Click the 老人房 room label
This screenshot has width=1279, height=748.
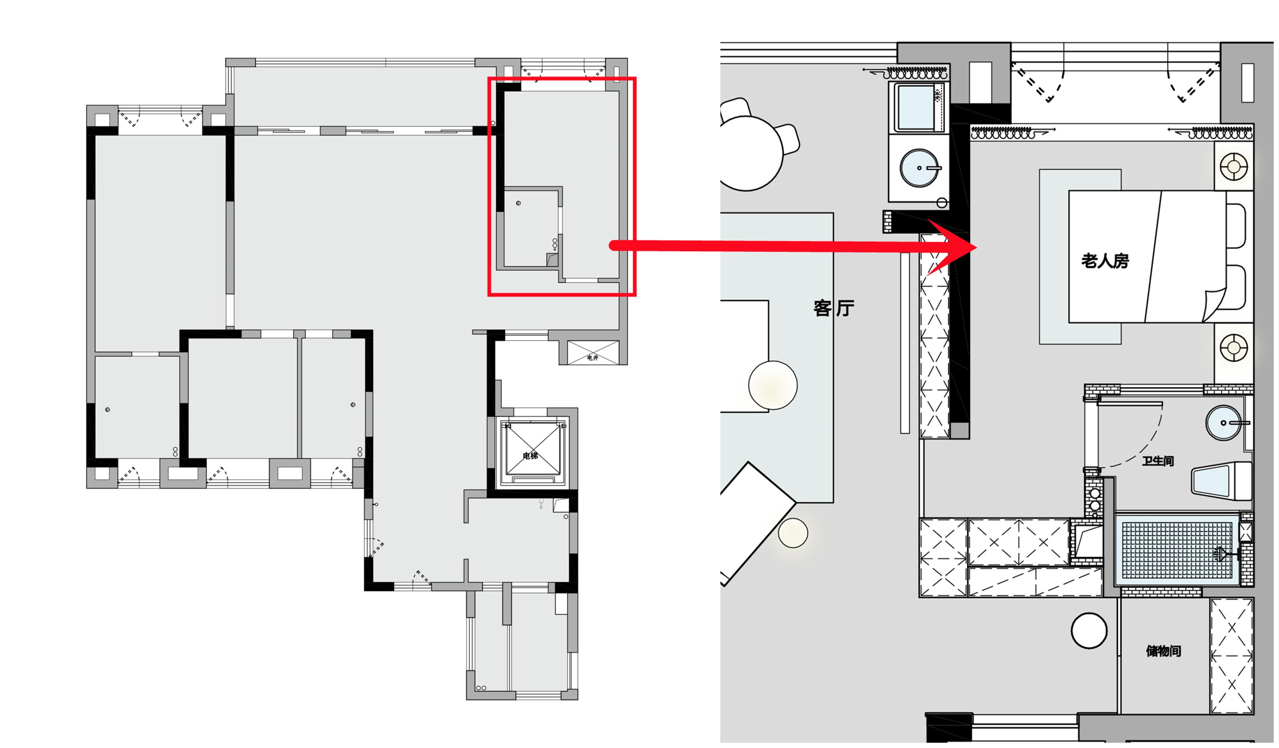[x=1105, y=261]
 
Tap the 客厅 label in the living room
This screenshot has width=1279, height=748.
[x=834, y=308]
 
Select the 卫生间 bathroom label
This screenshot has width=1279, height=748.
[x=1158, y=461]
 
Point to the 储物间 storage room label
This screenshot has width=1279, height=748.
[x=1163, y=651]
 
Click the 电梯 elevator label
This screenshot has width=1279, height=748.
[x=530, y=456]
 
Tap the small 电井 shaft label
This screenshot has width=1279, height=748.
[x=593, y=358]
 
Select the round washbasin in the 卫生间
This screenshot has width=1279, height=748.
[x=1224, y=423]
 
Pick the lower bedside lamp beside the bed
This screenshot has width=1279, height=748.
[x=1234, y=348]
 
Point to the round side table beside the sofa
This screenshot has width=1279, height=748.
[x=773, y=385]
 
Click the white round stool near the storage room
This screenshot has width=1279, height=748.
[x=1089, y=631]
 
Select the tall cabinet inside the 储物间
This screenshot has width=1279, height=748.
[x=1232, y=656]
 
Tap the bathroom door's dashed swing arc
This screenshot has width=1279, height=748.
[x=1137, y=447]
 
